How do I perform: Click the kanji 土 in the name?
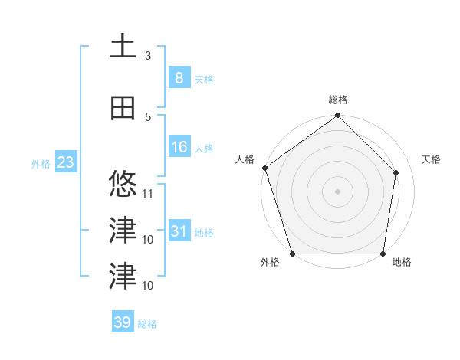click(123, 46)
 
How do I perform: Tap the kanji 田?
click(123, 108)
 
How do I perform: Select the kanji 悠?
click(123, 185)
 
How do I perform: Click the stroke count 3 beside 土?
click(148, 55)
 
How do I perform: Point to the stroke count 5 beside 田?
click(148, 116)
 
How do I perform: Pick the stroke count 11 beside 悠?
click(148, 193)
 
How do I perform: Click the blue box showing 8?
click(179, 77)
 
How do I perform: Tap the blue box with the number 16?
click(179, 147)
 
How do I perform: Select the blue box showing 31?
click(179, 231)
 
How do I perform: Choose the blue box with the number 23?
click(64, 162)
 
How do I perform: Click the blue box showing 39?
click(123, 322)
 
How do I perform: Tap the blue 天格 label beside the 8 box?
click(203, 79)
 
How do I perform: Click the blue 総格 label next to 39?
click(147, 324)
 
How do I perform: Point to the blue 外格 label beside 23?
click(40, 163)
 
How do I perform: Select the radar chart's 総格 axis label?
click(338, 100)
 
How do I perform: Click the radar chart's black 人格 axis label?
click(245, 159)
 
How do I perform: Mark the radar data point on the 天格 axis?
click(396, 172)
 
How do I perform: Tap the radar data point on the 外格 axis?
click(292, 254)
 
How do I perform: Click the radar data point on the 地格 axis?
click(383, 254)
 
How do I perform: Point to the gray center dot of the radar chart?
click(338, 191)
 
